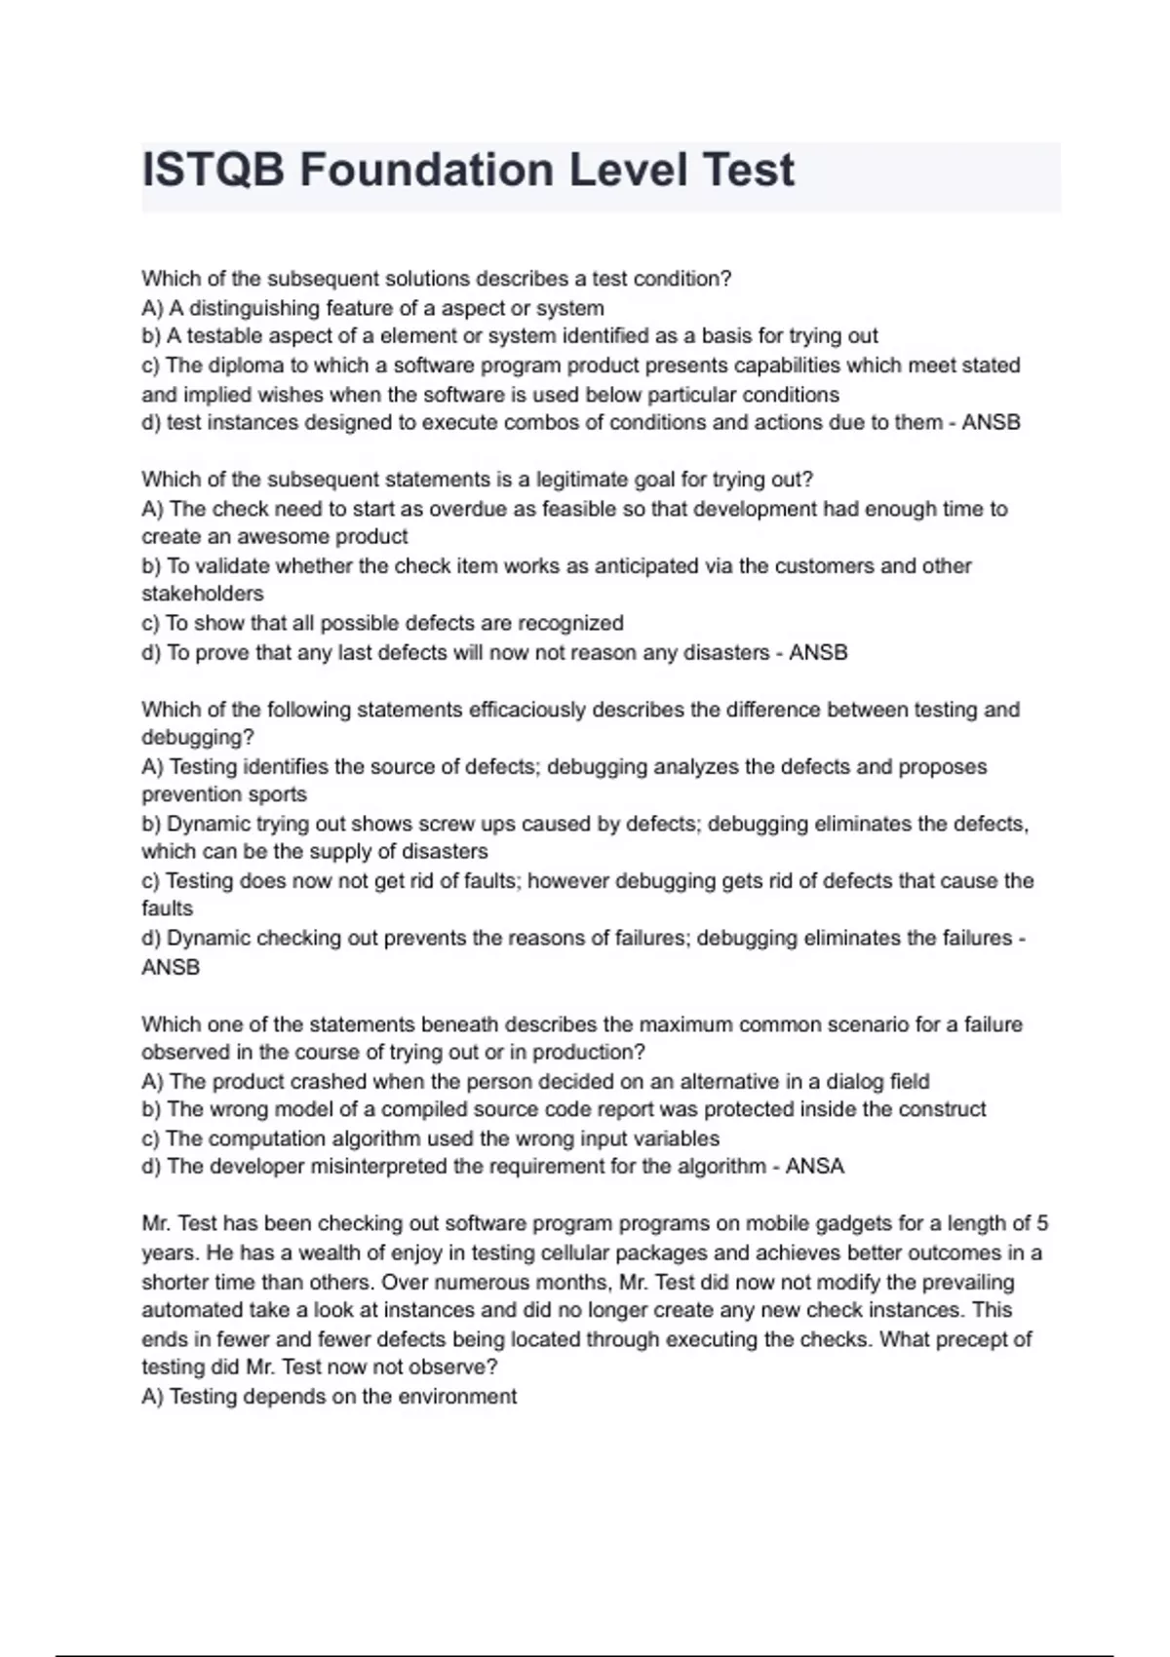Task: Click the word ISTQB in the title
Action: (214, 171)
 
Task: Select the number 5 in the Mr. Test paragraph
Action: (1042, 1223)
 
